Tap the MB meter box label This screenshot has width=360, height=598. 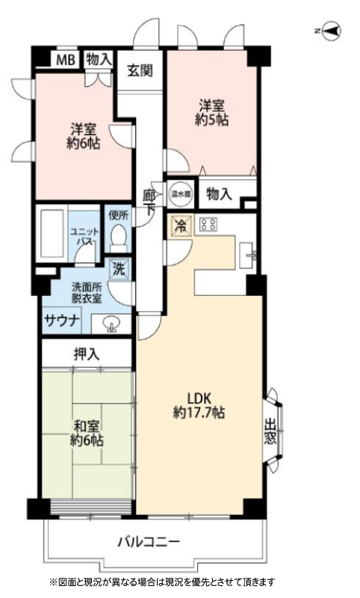click(x=66, y=60)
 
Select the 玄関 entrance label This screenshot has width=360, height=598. click(x=140, y=70)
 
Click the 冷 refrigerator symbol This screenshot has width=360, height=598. click(x=181, y=226)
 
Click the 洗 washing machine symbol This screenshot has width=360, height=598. click(x=120, y=270)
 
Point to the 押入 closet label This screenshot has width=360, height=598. click(x=87, y=354)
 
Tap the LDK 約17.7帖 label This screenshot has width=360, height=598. click(x=199, y=405)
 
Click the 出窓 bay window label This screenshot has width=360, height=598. click(x=270, y=431)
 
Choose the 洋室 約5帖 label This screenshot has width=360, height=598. click(x=212, y=113)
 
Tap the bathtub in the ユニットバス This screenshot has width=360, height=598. click(x=52, y=233)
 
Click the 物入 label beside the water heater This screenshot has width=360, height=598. click(x=219, y=194)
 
